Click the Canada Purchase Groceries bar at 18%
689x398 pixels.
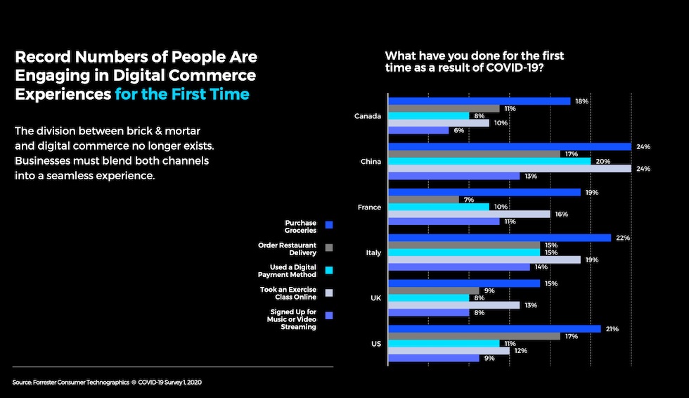coord(479,101)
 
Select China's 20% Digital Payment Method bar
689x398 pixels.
coord(489,161)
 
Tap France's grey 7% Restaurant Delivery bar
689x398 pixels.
coord(423,200)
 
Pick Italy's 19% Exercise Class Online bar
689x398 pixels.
coord(484,259)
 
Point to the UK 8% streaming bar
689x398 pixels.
coord(428,312)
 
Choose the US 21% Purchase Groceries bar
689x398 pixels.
coord(494,329)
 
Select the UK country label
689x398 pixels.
coord(375,298)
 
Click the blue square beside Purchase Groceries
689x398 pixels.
coord(329,224)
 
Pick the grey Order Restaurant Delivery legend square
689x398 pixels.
coord(329,247)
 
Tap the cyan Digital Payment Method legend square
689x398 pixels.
coord(329,270)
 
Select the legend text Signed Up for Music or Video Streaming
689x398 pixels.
coord(293,319)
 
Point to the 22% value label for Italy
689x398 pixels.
coord(622,238)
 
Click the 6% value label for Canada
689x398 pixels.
coord(459,131)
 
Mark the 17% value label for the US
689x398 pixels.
coord(572,337)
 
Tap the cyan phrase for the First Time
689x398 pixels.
coord(181,94)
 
